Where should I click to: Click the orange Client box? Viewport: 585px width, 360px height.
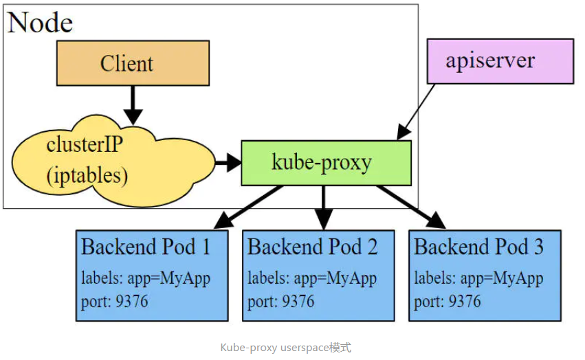coord(133,63)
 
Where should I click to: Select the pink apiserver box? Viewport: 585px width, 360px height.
coord(500,61)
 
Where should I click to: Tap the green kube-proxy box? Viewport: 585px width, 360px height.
coord(326,163)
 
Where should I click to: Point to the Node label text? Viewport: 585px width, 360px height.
coord(40,23)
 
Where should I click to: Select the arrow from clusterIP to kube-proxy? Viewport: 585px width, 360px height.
coord(228,163)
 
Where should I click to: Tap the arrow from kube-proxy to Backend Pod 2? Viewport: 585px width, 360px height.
coord(322,207)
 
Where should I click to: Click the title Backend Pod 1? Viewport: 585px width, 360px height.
coord(145,247)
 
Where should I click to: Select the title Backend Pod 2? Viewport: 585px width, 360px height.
coord(312,247)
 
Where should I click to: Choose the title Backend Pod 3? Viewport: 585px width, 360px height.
coord(478,247)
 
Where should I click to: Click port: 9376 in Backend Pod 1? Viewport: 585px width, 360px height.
coord(114,302)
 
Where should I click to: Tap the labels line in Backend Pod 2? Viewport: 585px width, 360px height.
coord(312,279)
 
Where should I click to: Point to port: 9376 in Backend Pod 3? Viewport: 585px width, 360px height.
coord(447,302)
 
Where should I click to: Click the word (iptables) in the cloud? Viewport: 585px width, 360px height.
coord(87,175)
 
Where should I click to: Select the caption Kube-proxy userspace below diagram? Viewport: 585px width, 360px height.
coord(285,348)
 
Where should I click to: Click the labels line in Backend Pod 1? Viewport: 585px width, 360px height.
coord(145,279)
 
